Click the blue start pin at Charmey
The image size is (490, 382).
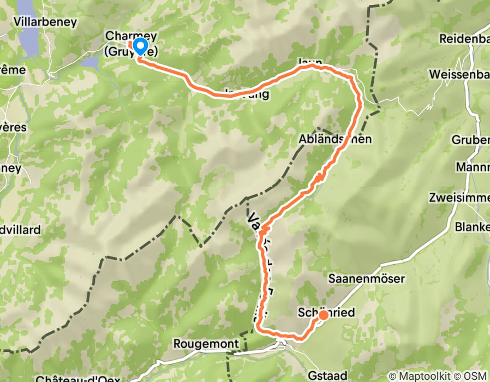pos(140,46)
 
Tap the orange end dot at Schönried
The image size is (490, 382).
pos(323,314)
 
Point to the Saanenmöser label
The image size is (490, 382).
pos(367,279)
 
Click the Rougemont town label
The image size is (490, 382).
pos(206,344)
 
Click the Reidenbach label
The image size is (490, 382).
pos(464,39)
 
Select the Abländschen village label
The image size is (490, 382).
pos(335,139)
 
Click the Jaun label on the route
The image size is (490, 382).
pos(309,62)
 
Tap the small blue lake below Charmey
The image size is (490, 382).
pos(90,63)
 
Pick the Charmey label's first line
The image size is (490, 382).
pos(131,36)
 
